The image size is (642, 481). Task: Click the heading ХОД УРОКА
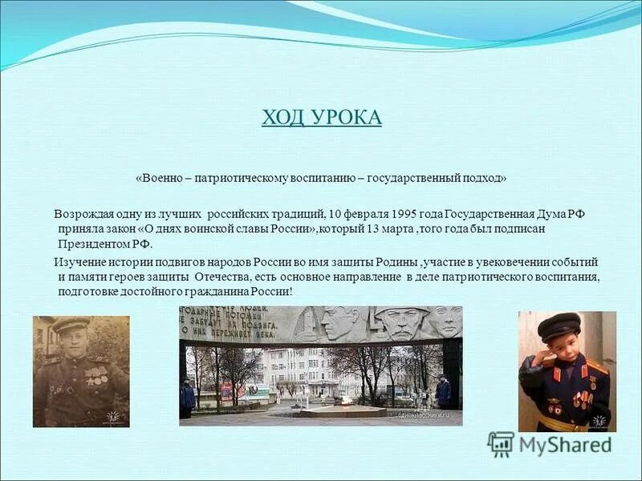tap(321, 118)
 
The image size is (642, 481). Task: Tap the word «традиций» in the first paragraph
tap(299, 214)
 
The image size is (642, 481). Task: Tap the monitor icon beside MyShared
tap(501, 443)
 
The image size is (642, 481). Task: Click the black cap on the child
tap(558, 325)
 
